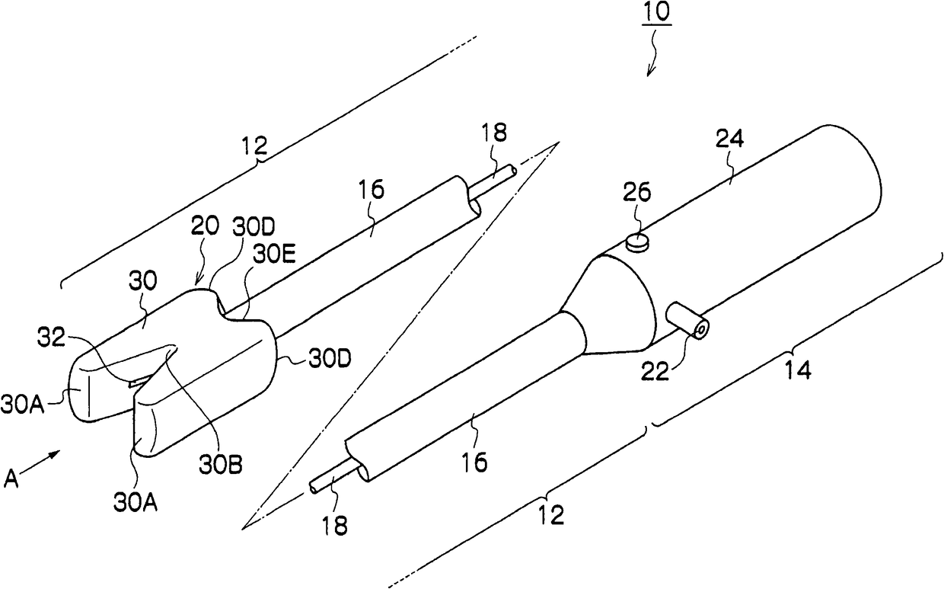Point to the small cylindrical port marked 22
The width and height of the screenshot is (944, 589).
point(687,321)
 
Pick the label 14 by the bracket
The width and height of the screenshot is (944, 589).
point(797,371)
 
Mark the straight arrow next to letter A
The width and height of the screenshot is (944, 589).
point(46,458)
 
